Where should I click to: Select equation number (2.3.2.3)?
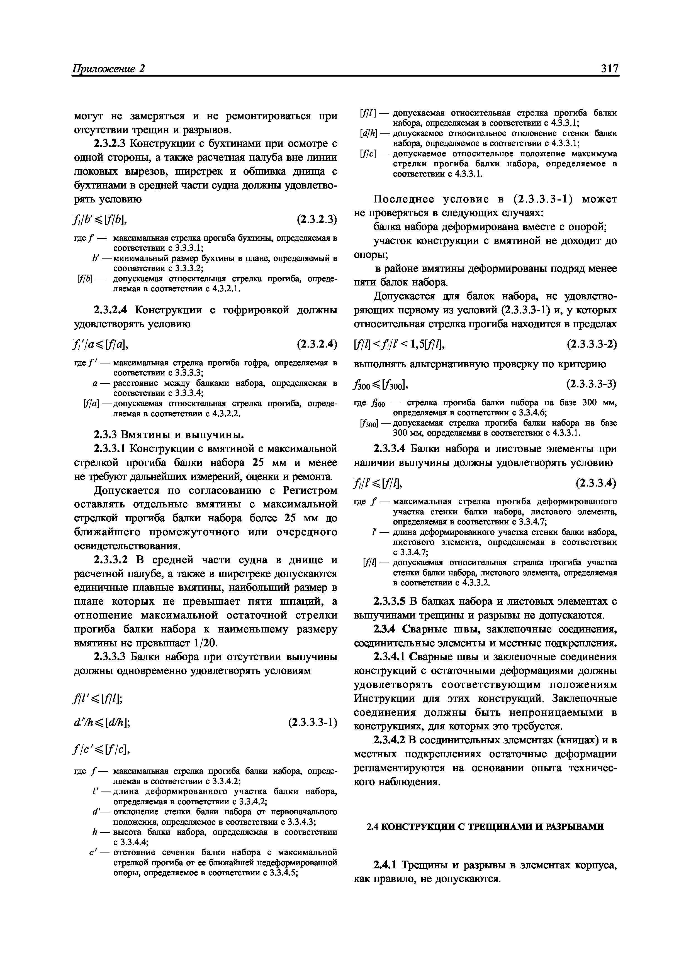pyautogui.click(x=316, y=219)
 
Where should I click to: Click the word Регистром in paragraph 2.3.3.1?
pyautogui.click(x=310, y=491)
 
